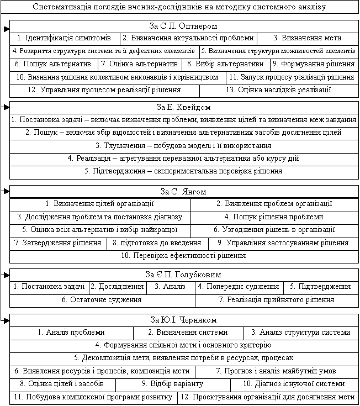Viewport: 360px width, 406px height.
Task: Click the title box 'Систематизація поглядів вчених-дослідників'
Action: pyautogui.click(x=179, y=7)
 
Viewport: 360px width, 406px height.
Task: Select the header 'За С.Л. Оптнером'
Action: pyautogui.click(x=183, y=26)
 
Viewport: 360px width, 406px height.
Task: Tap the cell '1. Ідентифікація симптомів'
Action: pyautogui.click(x=65, y=38)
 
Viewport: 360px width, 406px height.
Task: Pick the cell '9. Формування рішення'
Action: pyautogui.click(x=313, y=64)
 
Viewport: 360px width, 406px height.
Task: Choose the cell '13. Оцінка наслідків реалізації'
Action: pyautogui.click(x=279, y=89)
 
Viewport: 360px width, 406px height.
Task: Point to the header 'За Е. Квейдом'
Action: pyautogui.click(x=183, y=107)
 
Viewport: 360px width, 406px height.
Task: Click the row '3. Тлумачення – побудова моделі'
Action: pyautogui.click(x=183, y=146)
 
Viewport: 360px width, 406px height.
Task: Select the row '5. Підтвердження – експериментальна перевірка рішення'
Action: pyautogui.click(x=183, y=171)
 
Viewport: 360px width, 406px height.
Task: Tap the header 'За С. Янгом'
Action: pyautogui.click(x=183, y=192)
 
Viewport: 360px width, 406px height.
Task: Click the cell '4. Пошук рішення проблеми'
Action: pyautogui.click(x=274, y=217)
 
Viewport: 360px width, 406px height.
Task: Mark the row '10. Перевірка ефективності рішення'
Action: pyautogui.click(x=183, y=255)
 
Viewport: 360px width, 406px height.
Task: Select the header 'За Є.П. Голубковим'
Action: pyautogui.click(x=183, y=275)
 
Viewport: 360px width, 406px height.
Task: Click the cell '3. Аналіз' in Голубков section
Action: pyautogui.click(x=170, y=287)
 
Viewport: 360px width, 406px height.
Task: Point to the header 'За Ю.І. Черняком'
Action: pyautogui.click(x=183, y=320)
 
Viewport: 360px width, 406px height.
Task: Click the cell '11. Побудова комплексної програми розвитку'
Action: pyautogui.click(x=93, y=397)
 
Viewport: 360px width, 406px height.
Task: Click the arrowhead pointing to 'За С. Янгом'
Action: pyautogui.click(x=6, y=191)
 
